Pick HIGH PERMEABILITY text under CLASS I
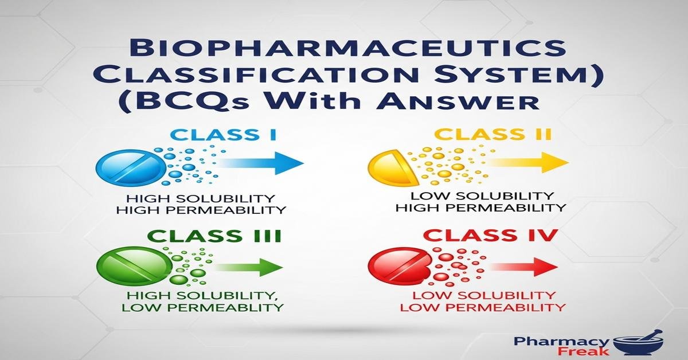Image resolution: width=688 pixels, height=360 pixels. (201, 210)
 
